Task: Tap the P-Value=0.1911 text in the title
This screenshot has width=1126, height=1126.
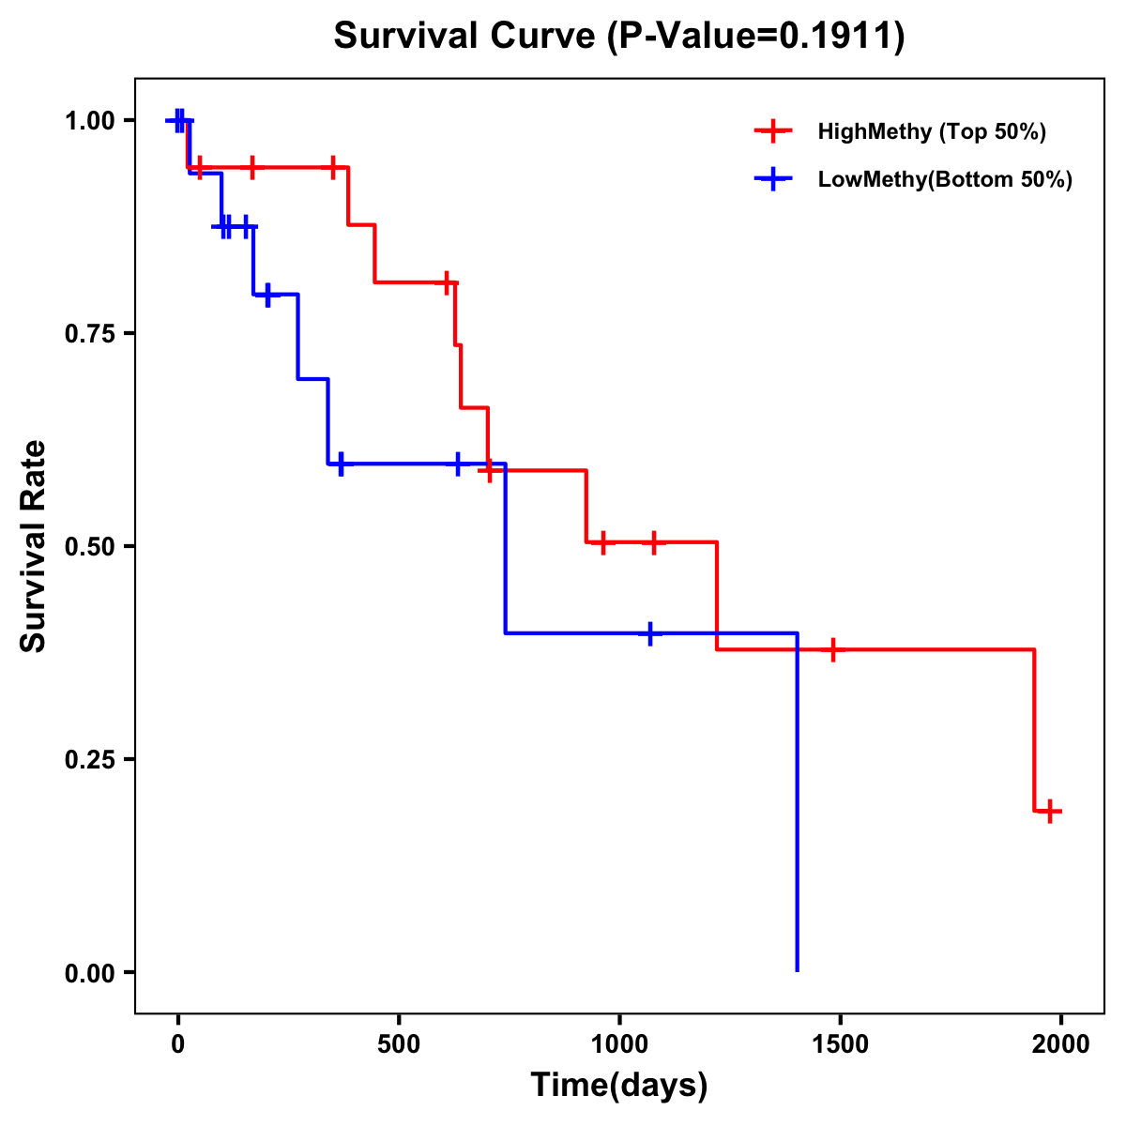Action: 754,37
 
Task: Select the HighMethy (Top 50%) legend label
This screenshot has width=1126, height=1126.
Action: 931,131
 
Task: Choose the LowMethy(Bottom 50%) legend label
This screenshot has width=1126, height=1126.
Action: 945,180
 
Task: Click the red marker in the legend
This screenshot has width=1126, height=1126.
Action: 772,131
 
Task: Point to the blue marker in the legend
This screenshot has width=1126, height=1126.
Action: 772,180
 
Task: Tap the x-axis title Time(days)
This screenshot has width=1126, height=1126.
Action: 619,1086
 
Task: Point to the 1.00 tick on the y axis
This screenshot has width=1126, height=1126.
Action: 89,121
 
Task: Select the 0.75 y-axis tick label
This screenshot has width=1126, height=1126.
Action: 89,333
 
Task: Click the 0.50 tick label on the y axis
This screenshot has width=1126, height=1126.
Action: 89,546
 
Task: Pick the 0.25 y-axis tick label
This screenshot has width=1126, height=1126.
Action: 89,759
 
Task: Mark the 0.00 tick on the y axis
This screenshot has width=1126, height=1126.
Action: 89,972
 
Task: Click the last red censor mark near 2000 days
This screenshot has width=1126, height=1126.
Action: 1050,811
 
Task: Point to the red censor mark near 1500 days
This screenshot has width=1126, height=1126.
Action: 831,649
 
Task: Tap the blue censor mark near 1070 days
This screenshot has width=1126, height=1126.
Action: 649,633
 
